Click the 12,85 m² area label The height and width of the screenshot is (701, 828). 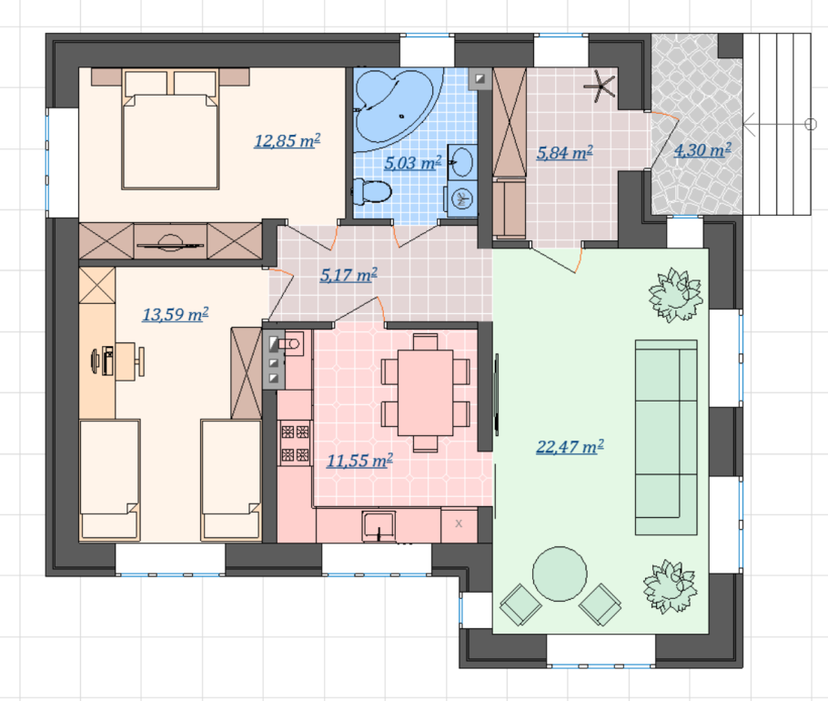click(288, 141)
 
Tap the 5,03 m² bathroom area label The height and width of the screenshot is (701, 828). click(412, 163)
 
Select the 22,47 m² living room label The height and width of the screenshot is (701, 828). click(570, 447)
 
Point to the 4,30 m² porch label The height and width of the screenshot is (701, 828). click(702, 150)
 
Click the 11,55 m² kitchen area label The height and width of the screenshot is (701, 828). click(359, 461)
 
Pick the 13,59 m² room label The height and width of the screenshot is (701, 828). click(176, 314)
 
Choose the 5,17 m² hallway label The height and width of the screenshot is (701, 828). click(348, 275)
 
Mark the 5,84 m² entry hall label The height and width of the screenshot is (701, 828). click(564, 153)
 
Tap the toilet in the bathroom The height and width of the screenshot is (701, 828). click(372, 191)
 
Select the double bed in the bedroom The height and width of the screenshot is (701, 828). click(170, 128)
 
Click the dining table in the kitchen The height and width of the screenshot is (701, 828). click(426, 392)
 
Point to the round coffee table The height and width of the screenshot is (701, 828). click(560, 574)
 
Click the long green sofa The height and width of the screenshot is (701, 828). click(666, 437)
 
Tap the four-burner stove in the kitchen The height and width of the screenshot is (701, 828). click(295, 443)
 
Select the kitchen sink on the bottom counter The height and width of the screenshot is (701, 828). click(379, 525)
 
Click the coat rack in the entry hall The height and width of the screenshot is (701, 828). click(601, 86)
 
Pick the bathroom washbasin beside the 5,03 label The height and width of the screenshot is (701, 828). click(462, 161)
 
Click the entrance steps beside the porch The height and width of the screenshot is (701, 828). click(777, 124)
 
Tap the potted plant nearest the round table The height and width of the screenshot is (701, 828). click(669, 587)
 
